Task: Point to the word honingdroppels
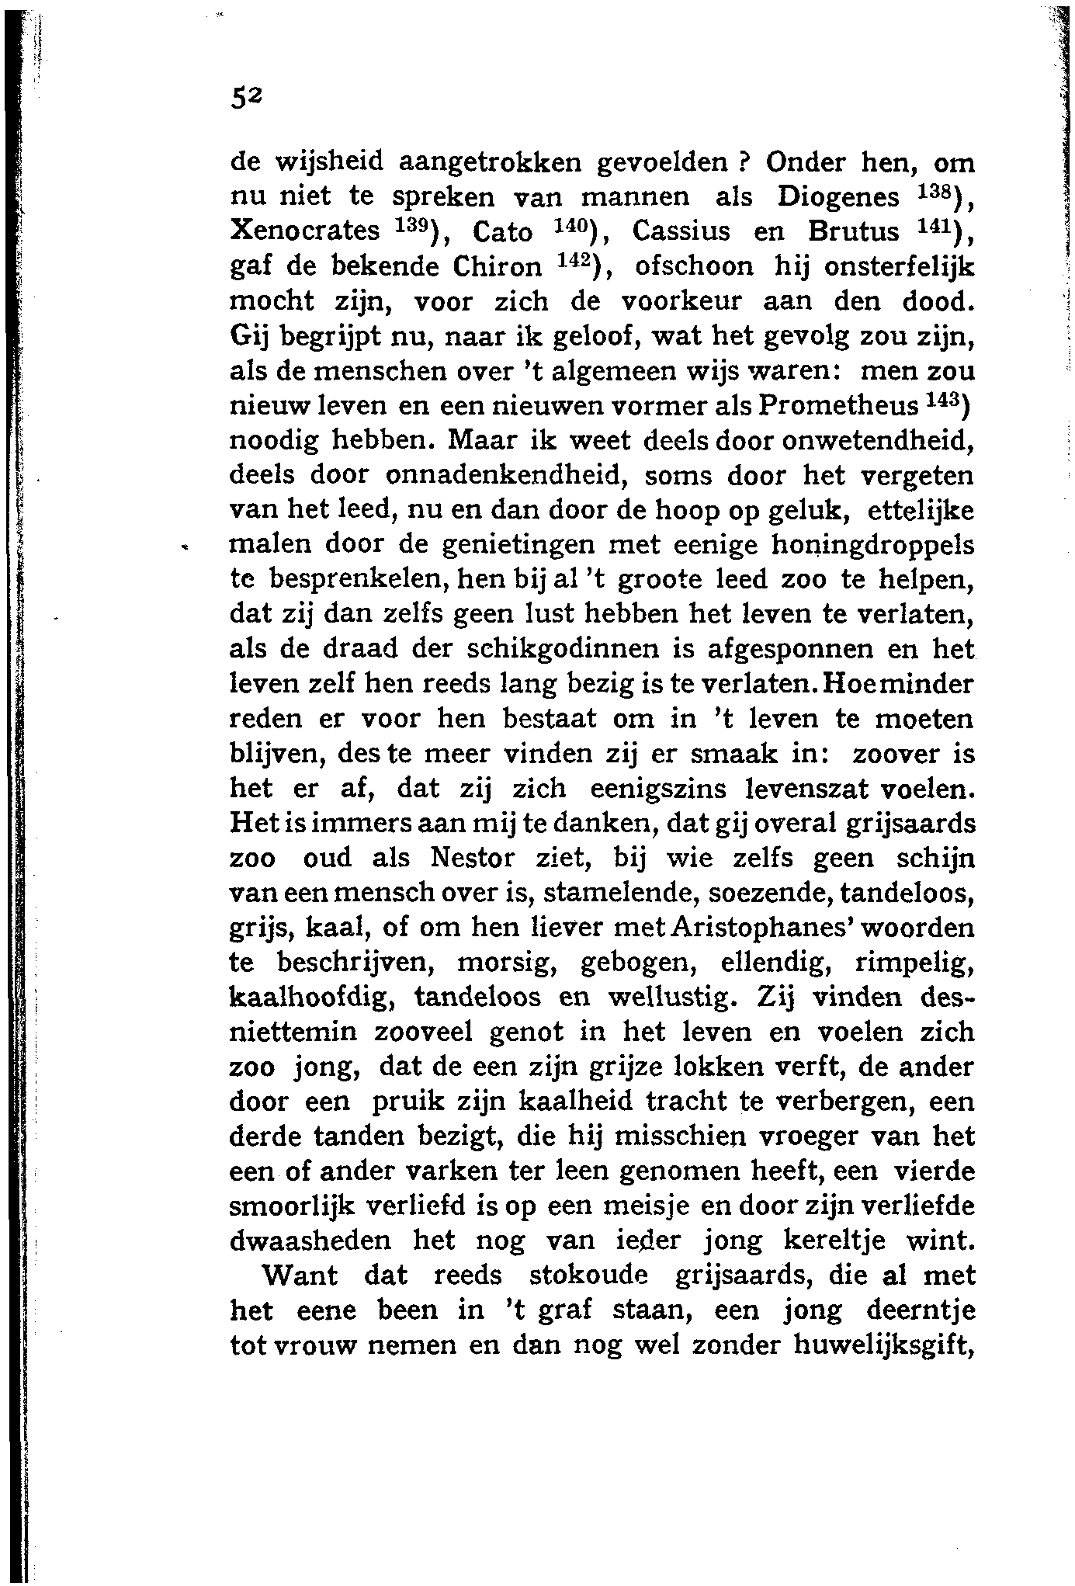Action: (872, 546)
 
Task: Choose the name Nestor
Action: (466, 858)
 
